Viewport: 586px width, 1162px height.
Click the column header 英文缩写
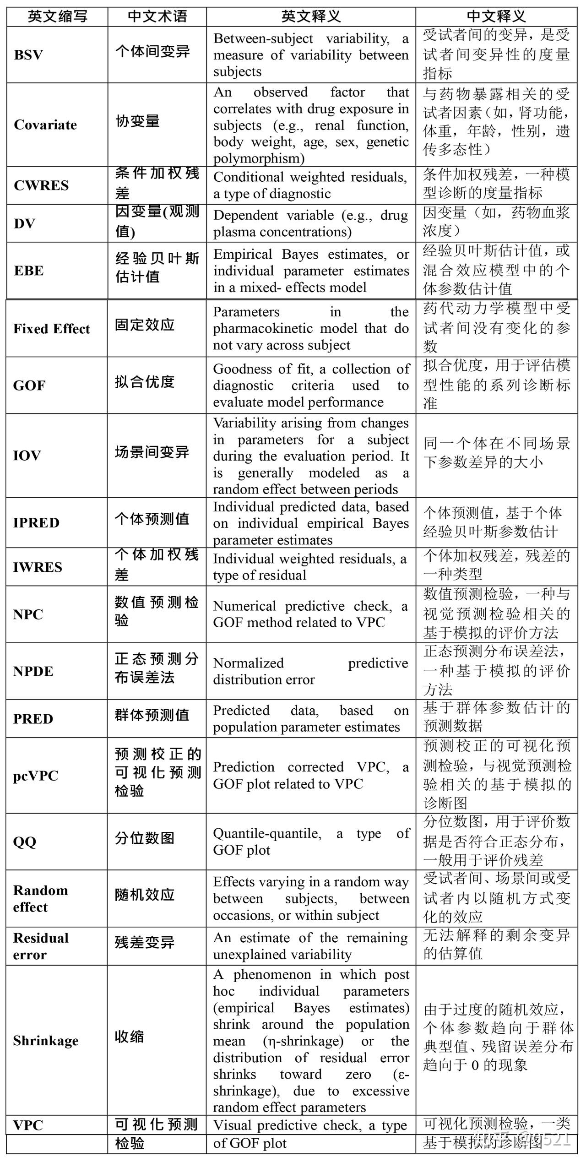[57, 16]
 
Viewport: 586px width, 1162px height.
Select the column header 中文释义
[496, 16]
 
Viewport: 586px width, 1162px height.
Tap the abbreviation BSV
[28, 55]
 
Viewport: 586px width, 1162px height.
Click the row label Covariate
[45, 125]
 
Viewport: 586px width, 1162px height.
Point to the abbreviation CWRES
[41, 185]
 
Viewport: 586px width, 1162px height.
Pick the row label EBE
[29, 271]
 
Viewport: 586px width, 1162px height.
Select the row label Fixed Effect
[51, 329]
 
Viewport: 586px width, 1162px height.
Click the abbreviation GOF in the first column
[29, 386]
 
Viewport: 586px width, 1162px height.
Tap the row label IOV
[27, 456]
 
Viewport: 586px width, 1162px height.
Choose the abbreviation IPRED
[36, 523]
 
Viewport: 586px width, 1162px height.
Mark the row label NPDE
[33, 671]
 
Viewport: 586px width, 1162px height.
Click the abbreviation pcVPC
[36, 776]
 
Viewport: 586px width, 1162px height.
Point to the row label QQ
[24, 842]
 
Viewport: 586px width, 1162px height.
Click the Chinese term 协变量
[137, 121]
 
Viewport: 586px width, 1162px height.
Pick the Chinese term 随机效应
[145, 895]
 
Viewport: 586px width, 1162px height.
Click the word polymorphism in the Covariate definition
[259, 158]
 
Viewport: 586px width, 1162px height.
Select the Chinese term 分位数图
[145, 838]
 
